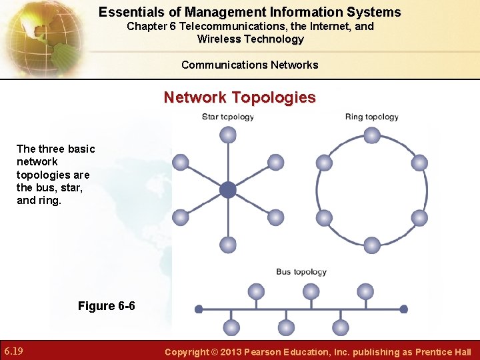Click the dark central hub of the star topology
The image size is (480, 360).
click(x=228, y=190)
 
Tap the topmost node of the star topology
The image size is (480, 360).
click(x=228, y=135)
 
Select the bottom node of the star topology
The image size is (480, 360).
click(x=228, y=245)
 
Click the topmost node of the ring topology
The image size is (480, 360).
click(x=372, y=135)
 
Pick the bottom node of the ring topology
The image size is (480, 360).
click(x=372, y=245)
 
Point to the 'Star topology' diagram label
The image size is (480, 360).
click(x=228, y=117)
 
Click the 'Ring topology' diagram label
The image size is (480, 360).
click(x=371, y=117)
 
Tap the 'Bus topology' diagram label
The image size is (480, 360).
click(x=301, y=271)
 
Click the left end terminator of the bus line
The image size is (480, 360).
click(x=199, y=309)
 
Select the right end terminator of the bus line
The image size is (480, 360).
click(x=403, y=309)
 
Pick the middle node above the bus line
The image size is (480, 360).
click(x=311, y=291)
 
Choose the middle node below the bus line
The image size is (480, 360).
click(x=286, y=327)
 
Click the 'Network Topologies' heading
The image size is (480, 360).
click(x=240, y=97)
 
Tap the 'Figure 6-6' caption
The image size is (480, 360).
click(x=106, y=306)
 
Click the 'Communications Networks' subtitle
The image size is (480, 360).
click(x=249, y=65)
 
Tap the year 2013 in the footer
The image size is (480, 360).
click(x=230, y=352)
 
